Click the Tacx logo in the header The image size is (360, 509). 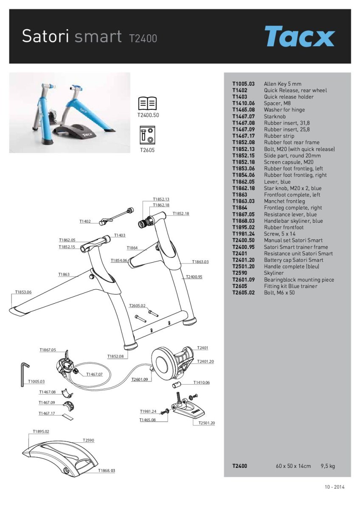pos(299,36)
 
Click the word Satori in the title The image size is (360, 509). pos(46,36)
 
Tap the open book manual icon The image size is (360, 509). pos(147,103)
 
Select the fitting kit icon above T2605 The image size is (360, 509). pos(147,136)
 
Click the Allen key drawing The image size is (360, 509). pos(23,373)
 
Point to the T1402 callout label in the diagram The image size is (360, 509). pos(85,221)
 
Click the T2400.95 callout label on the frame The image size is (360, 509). pos(194,277)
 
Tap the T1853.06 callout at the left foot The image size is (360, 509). pos(23,292)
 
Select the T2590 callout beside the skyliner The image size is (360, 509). pos(88,440)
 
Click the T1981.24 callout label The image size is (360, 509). pos(148,411)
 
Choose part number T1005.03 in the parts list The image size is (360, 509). pos(243,84)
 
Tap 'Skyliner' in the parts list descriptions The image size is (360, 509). pos(273,273)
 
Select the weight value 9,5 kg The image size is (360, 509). pos(328,466)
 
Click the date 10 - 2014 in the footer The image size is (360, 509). pos(335,487)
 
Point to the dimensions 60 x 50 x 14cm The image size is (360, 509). pos(293,466)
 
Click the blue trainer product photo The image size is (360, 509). pos(70,112)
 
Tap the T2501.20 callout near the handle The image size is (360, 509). pos(207,423)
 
